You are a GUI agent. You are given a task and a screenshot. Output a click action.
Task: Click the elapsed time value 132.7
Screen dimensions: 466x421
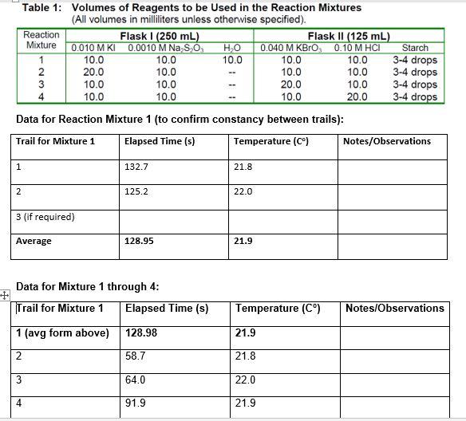tap(136, 167)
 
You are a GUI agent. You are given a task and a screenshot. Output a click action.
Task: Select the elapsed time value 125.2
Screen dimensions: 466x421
tap(136, 192)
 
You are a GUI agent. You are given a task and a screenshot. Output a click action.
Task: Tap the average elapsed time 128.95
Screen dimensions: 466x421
tap(140, 241)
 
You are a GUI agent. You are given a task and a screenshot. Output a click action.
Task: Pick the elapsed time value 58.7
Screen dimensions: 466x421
tap(136, 356)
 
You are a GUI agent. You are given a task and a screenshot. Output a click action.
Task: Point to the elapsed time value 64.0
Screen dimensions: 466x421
tap(136, 380)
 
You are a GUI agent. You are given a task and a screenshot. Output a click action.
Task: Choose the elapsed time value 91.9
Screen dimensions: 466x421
tap(136, 403)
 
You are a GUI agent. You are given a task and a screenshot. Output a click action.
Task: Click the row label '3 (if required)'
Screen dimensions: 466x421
tap(45, 217)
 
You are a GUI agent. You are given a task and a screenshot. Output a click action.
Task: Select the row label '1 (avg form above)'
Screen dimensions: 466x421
tap(63, 332)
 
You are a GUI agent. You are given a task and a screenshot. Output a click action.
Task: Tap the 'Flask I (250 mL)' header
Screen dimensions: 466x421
tap(160, 36)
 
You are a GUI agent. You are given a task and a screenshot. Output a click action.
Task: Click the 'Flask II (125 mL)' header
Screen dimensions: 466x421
tap(349, 36)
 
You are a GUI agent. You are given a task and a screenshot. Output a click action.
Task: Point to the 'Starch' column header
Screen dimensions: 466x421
tap(415, 48)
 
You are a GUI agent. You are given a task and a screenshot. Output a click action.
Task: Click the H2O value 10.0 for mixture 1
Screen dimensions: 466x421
tap(232, 60)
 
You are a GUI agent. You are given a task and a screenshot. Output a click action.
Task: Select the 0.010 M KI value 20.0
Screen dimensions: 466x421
tap(93, 72)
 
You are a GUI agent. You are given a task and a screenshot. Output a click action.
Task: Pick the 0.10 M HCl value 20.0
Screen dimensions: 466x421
tap(357, 96)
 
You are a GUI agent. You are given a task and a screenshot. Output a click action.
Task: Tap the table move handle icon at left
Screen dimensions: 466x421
tap(5, 295)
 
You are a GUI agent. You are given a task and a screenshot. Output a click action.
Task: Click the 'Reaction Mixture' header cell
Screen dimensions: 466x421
tap(41, 40)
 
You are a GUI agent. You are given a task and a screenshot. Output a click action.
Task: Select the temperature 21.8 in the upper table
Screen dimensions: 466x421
tap(243, 167)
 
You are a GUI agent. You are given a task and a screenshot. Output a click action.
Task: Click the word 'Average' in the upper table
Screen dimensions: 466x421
tap(34, 241)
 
